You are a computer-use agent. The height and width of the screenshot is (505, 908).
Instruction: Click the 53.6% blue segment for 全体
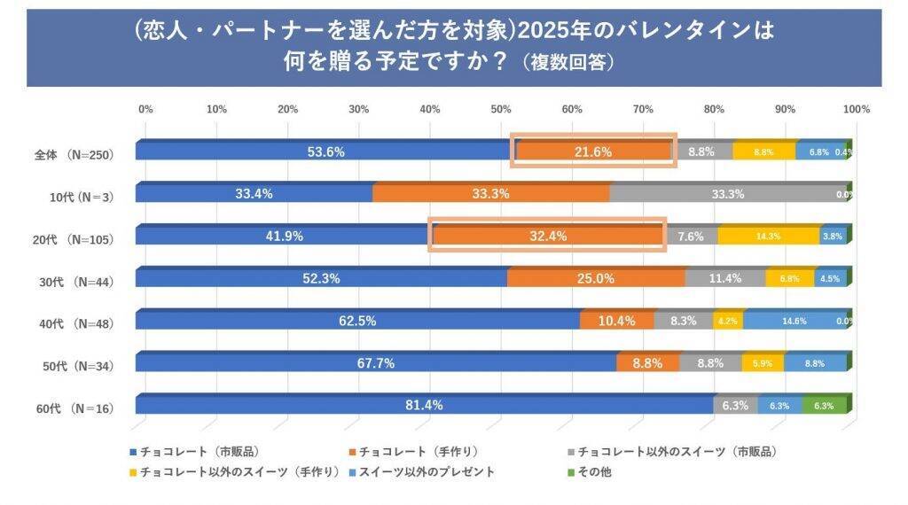click(325, 151)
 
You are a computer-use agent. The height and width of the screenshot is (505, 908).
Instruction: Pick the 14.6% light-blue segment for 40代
click(794, 321)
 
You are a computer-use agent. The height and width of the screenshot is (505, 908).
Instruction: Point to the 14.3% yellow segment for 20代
click(768, 237)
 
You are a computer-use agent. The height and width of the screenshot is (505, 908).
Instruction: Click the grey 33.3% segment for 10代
click(727, 194)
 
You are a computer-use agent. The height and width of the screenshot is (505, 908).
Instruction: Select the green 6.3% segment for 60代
click(824, 405)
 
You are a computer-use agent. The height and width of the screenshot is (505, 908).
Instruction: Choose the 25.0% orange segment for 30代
click(596, 278)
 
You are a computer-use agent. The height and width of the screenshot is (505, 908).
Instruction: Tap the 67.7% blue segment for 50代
click(376, 362)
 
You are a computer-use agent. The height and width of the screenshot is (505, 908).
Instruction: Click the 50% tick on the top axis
click(501, 109)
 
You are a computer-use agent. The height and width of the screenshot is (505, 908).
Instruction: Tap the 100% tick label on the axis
click(856, 109)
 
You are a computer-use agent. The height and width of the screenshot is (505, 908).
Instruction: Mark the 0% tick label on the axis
click(145, 109)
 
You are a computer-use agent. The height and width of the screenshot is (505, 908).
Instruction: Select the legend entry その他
click(593, 471)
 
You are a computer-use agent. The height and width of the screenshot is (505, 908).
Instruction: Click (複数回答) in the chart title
click(567, 63)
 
